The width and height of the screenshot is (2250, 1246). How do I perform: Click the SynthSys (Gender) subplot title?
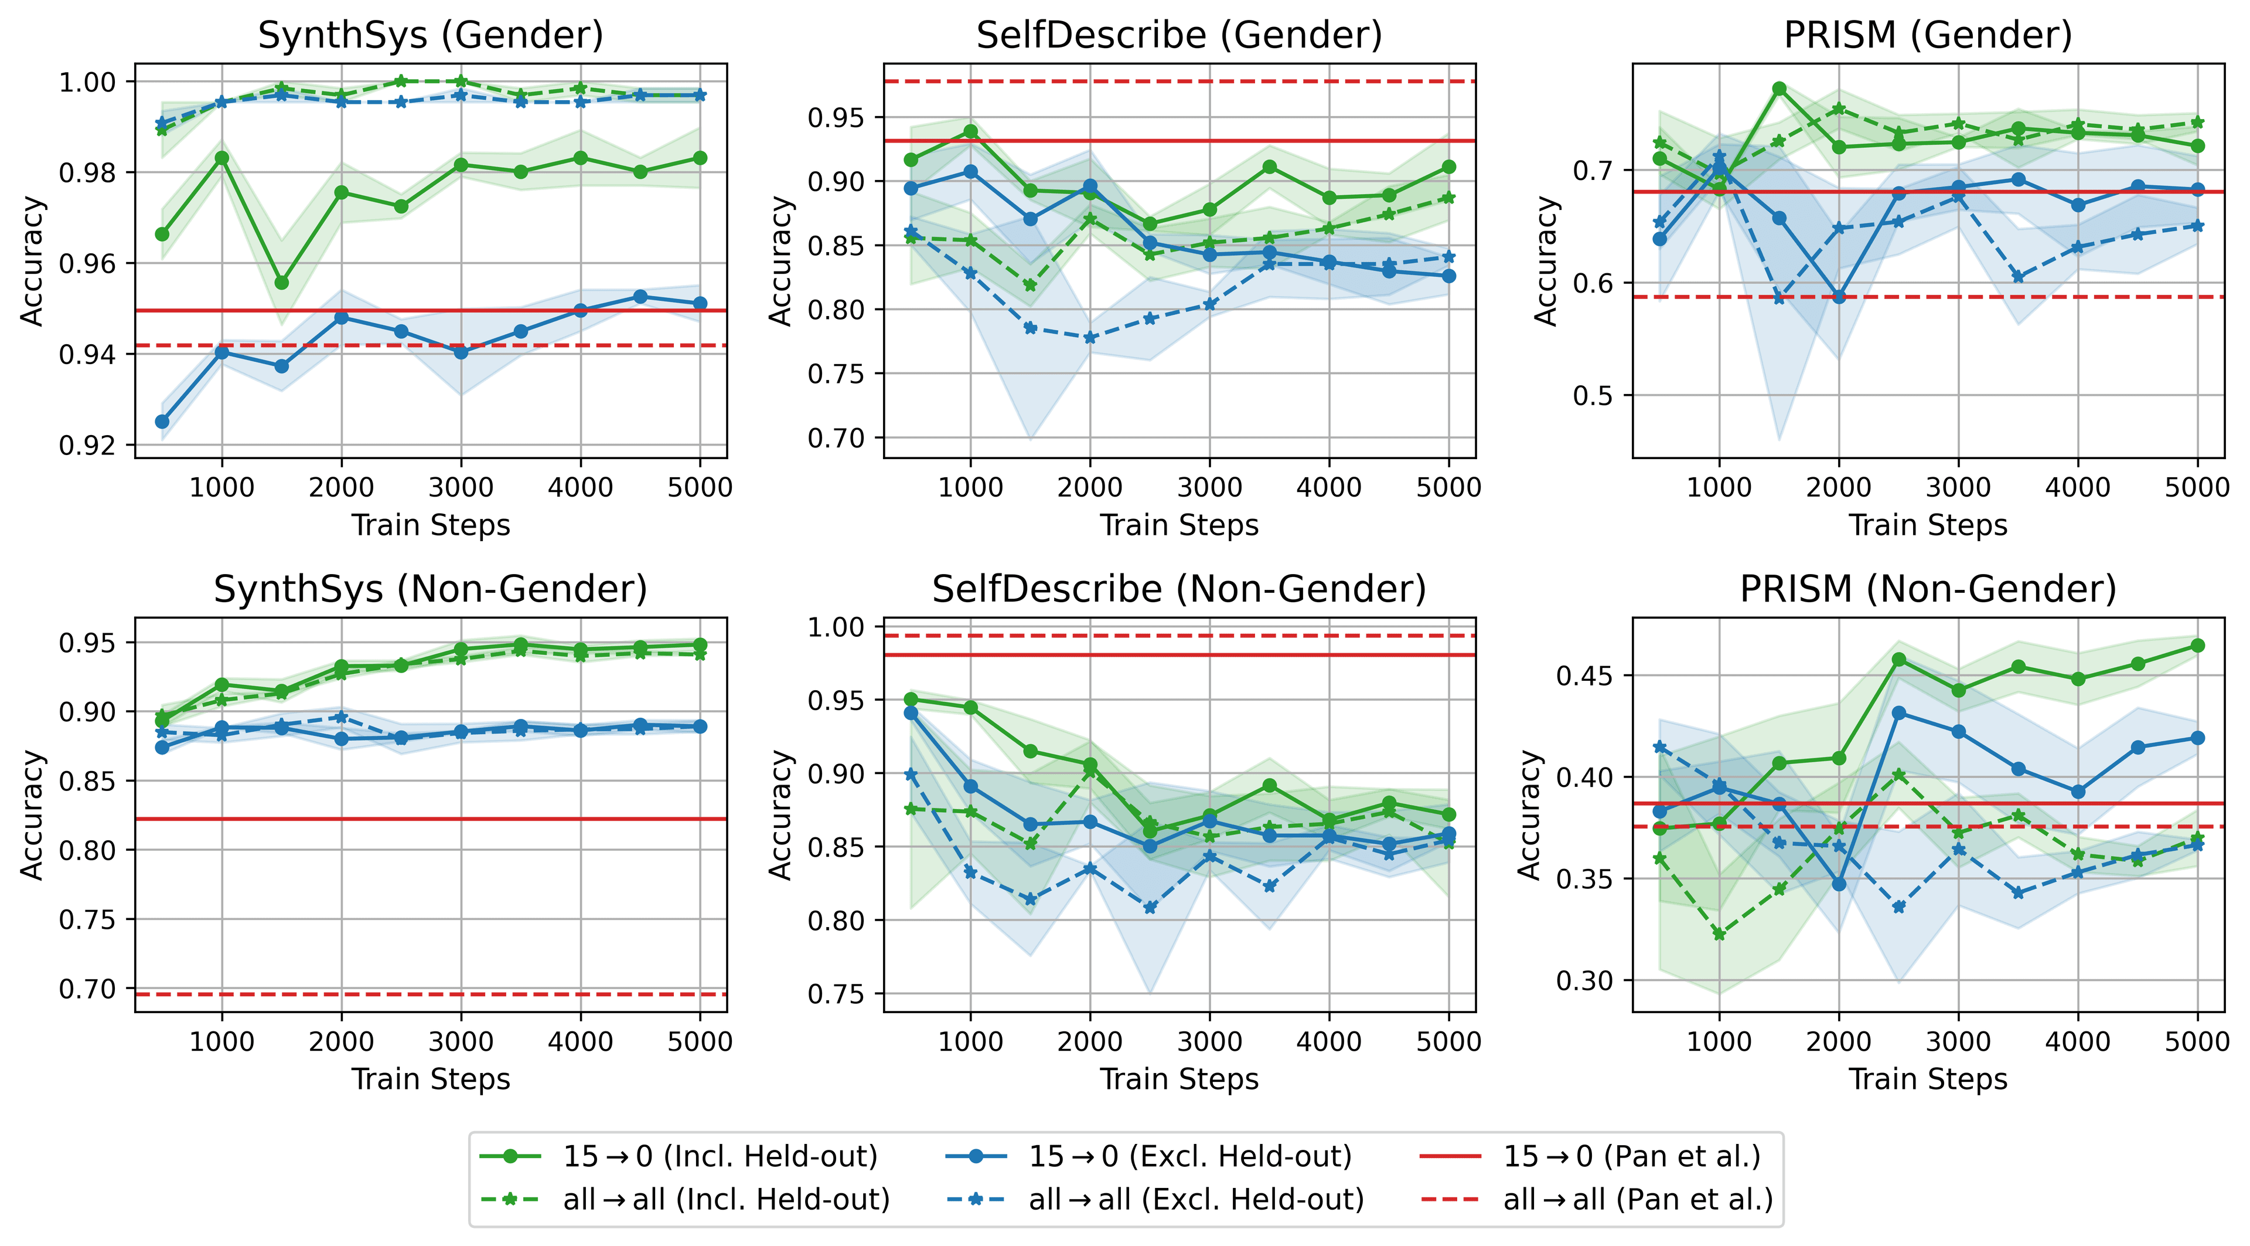pyautogui.click(x=431, y=35)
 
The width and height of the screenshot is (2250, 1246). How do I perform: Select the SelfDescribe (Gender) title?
pyautogui.click(x=1179, y=35)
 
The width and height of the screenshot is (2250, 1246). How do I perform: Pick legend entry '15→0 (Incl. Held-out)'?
pyautogui.click(x=720, y=1156)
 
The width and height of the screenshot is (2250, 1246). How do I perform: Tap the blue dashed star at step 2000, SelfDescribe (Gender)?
pyautogui.click(x=1090, y=337)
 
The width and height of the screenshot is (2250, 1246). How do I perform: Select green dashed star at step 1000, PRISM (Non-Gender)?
pyautogui.click(x=1719, y=934)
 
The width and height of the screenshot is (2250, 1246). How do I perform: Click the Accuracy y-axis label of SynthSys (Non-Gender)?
pyautogui.click(x=32, y=814)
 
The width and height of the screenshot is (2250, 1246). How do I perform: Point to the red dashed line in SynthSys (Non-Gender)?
pyautogui.click(x=431, y=994)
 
